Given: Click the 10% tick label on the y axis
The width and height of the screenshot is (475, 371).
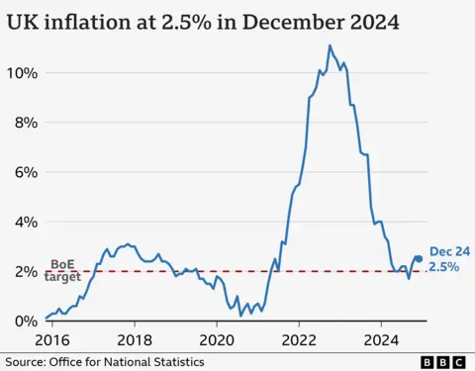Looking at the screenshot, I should click(x=24, y=72).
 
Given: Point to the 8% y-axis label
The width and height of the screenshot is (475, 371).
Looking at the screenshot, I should click(x=27, y=123).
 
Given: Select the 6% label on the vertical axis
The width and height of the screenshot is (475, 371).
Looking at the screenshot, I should click(x=27, y=172).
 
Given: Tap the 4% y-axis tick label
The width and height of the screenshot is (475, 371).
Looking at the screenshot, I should click(x=27, y=222).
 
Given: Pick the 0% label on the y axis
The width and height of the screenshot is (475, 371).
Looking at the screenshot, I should click(x=27, y=321).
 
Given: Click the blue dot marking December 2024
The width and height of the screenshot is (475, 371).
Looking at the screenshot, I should click(x=419, y=258).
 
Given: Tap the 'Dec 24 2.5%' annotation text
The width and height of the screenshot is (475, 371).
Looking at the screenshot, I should click(x=444, y=260).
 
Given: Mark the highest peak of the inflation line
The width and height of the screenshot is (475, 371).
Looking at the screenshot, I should click(x=330, y=46).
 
